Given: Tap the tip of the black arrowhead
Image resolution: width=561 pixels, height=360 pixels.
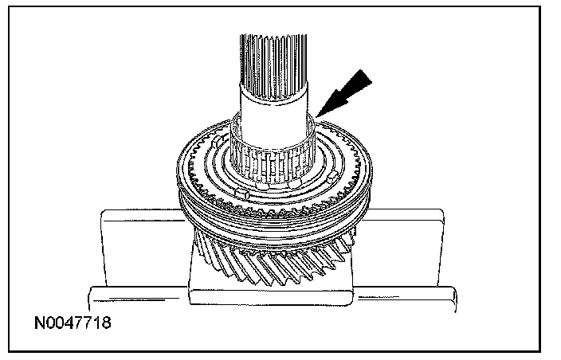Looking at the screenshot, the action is tap(317, 118).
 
